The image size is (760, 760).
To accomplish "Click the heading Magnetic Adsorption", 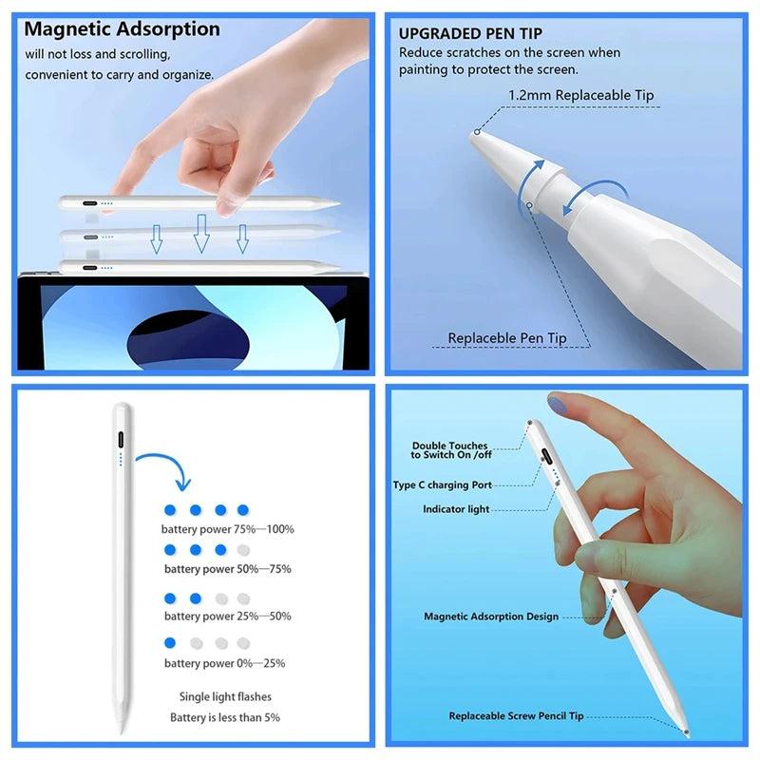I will [x=122, y=29].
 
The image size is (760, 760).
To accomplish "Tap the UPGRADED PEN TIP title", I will [x=470, y=33].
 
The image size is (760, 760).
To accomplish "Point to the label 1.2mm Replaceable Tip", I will [x=581, y=95].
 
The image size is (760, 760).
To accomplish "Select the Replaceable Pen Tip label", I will [x=507, y=338].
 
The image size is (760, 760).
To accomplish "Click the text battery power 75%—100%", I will [x=228, y=529].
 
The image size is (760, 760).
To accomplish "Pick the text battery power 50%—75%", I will [x=228, y=569].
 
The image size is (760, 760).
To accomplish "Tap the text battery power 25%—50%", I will [x=228, y=617].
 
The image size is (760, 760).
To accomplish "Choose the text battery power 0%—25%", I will [x=224, y=663].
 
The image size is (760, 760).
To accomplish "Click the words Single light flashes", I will [x=224, y=696].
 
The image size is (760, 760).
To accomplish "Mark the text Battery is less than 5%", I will [x=225, y=717].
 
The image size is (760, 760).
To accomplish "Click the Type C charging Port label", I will [x=443, y=485].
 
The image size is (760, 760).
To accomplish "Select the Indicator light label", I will [x=456, y=509].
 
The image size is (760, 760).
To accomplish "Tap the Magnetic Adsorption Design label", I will [x=491, y=617].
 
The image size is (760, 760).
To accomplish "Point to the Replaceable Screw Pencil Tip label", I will [x=516, y=716].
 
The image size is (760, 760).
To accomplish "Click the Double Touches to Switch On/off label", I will [x=449, y=450].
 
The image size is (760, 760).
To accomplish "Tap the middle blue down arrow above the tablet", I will [x=201, y=233].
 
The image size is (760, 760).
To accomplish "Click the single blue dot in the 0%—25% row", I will [x=171, y=643].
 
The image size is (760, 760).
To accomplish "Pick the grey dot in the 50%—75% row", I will [x=243, y=550].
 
